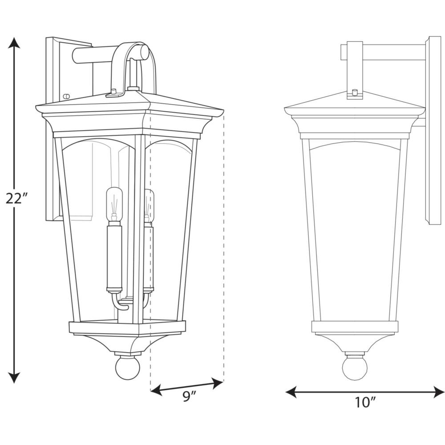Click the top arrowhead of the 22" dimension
coord(14,43)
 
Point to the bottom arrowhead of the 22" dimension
coord(14,377)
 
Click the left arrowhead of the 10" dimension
coord(291,392)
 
